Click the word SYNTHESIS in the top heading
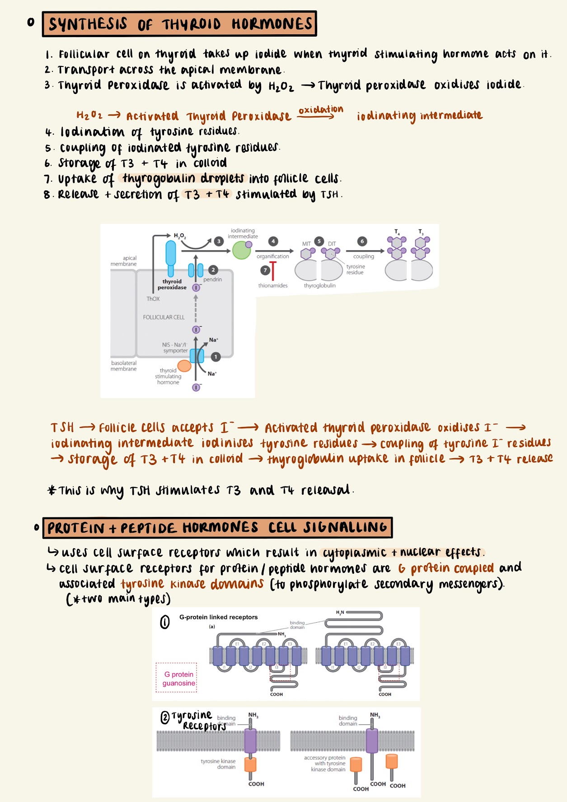[x=88, y=24]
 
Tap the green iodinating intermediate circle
[x=242, y=250]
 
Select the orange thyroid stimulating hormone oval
[x=184, y=366]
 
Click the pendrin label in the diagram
[x=212, y=280]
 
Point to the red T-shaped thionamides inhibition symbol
[x=273, y=271]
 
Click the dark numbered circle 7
[x=265, y=270]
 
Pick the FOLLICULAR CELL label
[x=164, y=318]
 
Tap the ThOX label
[x=153, y=299]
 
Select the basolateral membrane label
[x=123, y=366]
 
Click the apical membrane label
[x=124, y=261]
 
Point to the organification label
[x=273, y=257]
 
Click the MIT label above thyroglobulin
[x=306, y=244]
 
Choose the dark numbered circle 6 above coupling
[x=362, y=241]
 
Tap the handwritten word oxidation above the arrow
[x=321, y=110]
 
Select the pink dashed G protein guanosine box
[x=177, y=678]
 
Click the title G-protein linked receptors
[x=218, y=617]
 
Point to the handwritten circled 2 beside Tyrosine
[x=165, y=717]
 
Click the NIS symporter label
[x=175, y=347]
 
